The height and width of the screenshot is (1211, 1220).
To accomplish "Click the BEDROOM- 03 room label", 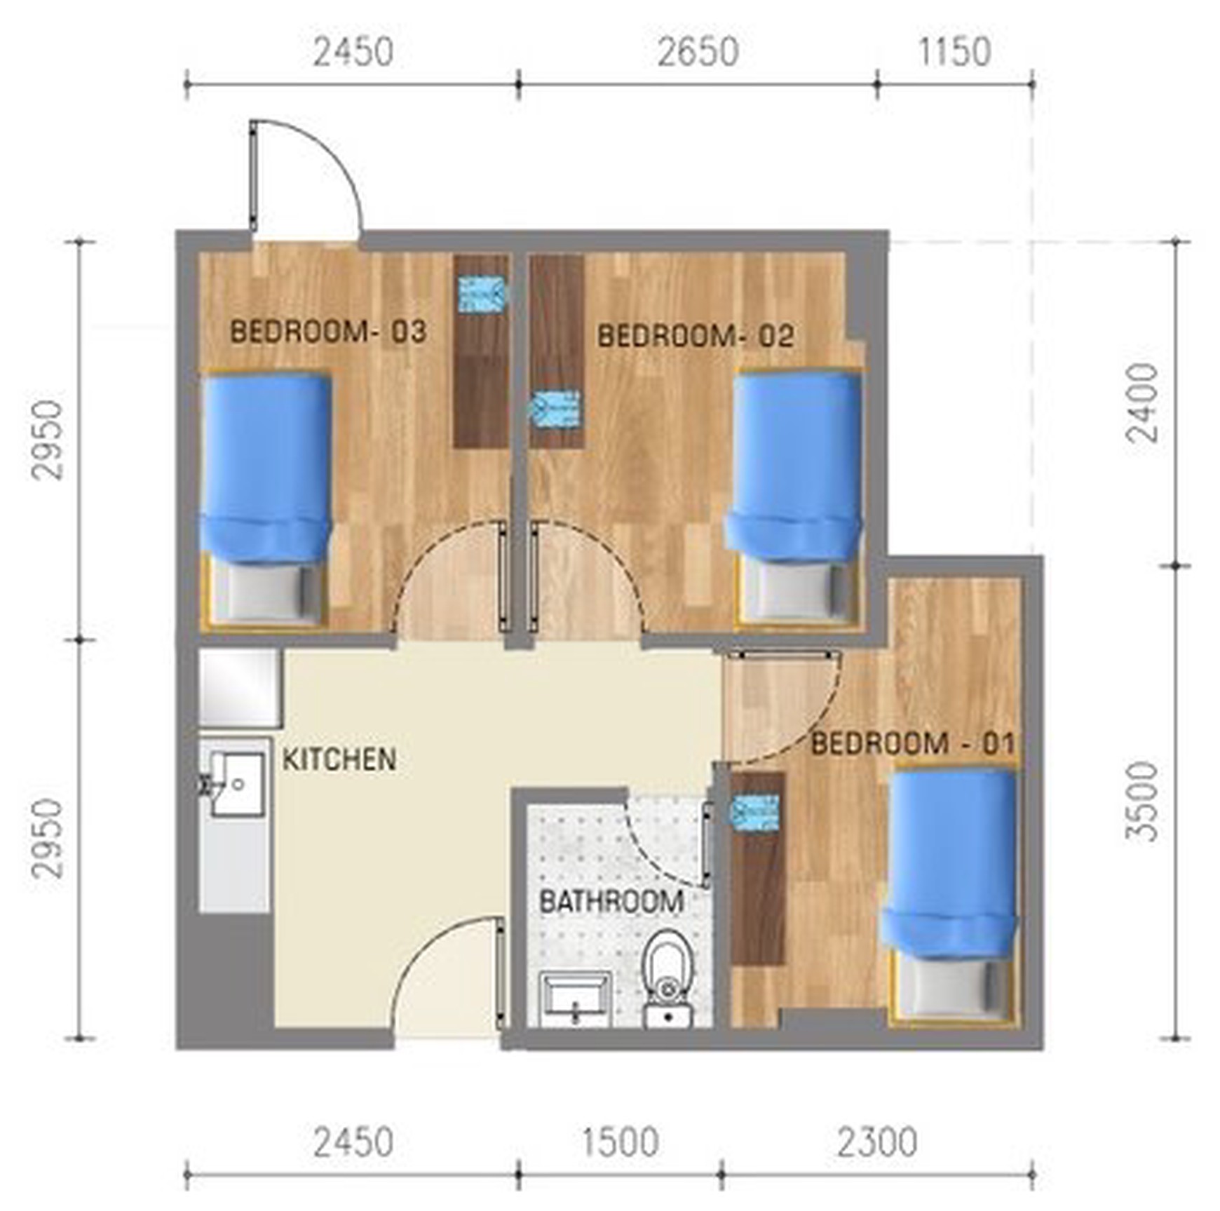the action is (328, 332).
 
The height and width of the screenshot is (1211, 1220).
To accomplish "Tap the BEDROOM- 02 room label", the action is (696, 336).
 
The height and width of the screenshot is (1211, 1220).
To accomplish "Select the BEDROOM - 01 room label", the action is (913, 743).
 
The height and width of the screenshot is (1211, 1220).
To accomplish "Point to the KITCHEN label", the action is (339, 759).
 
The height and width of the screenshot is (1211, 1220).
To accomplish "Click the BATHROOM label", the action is (611, 902).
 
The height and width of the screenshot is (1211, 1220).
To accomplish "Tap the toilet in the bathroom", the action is (668, 977).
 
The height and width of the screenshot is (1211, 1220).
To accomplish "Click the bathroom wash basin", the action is (574, 999).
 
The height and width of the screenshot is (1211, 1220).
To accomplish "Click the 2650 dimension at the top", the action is (698, 53).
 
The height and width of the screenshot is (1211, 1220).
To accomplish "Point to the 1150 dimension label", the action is (954, 53).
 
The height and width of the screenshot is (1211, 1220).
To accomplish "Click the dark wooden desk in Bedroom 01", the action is (758, 868).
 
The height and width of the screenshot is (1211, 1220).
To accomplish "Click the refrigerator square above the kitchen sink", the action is (240, 687).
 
